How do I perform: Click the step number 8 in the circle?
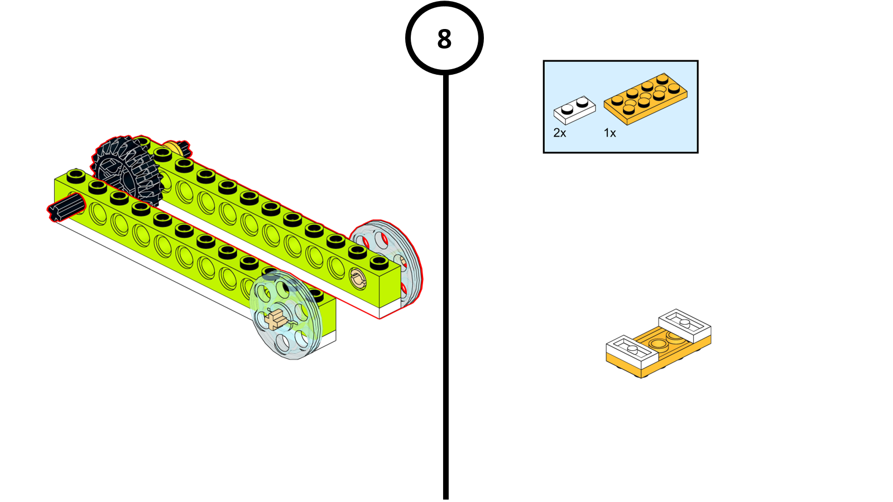tap(444, 39)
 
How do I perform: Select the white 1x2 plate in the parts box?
tap(574, 110)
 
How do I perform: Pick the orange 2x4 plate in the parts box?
tap(645, 98)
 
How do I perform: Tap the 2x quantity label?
tap(559, 133)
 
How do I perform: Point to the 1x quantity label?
tap(609, 133)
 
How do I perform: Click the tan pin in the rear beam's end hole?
tap(357, 277)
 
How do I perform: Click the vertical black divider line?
tap(445, 279)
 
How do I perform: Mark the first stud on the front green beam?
tap(76, 176)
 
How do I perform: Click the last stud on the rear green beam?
tap(379, 261)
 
